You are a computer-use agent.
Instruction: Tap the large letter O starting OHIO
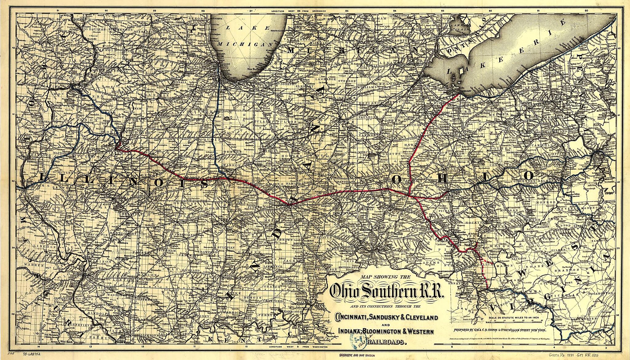397,179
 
